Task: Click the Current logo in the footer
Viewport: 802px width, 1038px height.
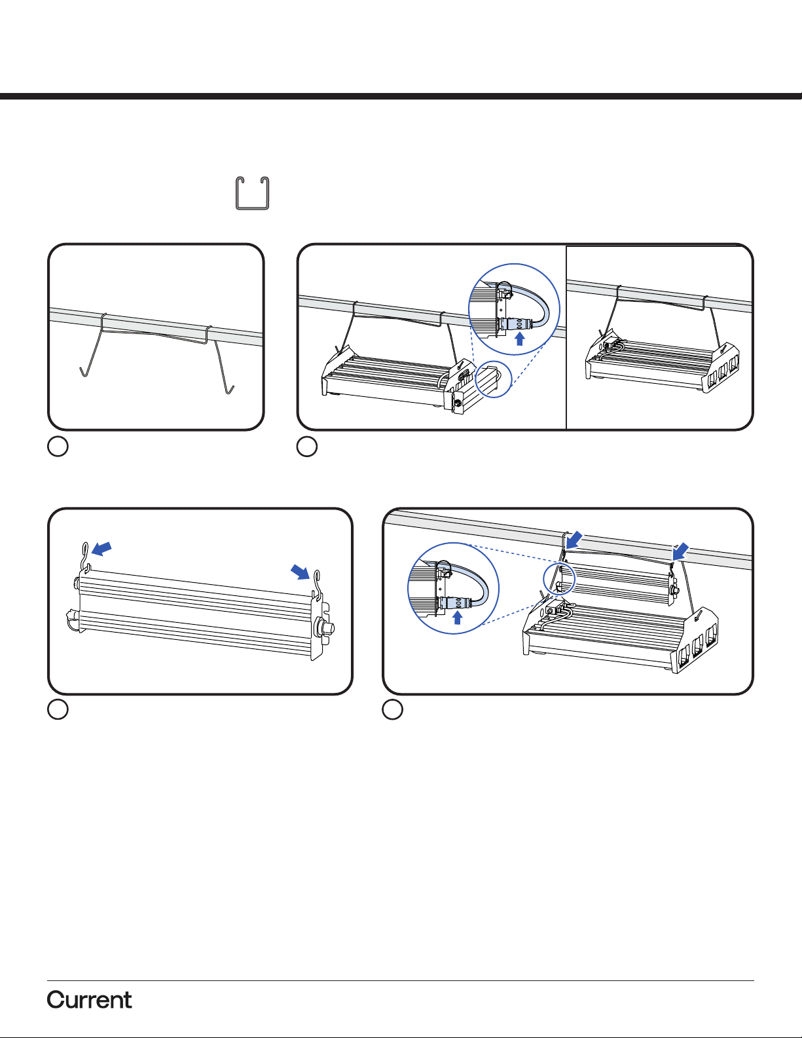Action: [x=89, y=1000]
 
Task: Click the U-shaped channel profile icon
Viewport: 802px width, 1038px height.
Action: [x=253, y=193]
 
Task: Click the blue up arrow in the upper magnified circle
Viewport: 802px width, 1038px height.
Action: [x=520, y=339]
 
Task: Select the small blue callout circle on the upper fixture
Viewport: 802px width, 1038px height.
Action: [x=494, y=379]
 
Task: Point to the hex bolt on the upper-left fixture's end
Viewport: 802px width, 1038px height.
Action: [x=458, y=403]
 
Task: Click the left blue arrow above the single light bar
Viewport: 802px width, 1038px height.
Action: [x=101, y=548]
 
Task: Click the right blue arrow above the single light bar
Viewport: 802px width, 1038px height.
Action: [x=301, y=571]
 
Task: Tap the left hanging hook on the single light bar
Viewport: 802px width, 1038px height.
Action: [x=86, y=557]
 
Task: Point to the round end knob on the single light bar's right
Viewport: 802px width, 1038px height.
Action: [x=326, y=625]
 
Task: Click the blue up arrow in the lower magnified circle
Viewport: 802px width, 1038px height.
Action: [x=458, y=618]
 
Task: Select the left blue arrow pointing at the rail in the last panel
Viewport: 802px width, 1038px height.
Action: [x=574, y=540]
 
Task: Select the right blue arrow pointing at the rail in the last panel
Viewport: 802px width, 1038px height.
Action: [x=680, y=551]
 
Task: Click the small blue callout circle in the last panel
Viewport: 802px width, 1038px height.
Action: [x=560, y=578]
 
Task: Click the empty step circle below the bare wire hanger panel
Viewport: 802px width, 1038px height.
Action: [x=58, y=447]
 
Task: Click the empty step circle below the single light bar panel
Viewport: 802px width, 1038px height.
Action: [x=58, y=710]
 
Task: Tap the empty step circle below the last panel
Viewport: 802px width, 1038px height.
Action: [x=392, y=710]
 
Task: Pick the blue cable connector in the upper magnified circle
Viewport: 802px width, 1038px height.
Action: [x=515, y=324]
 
